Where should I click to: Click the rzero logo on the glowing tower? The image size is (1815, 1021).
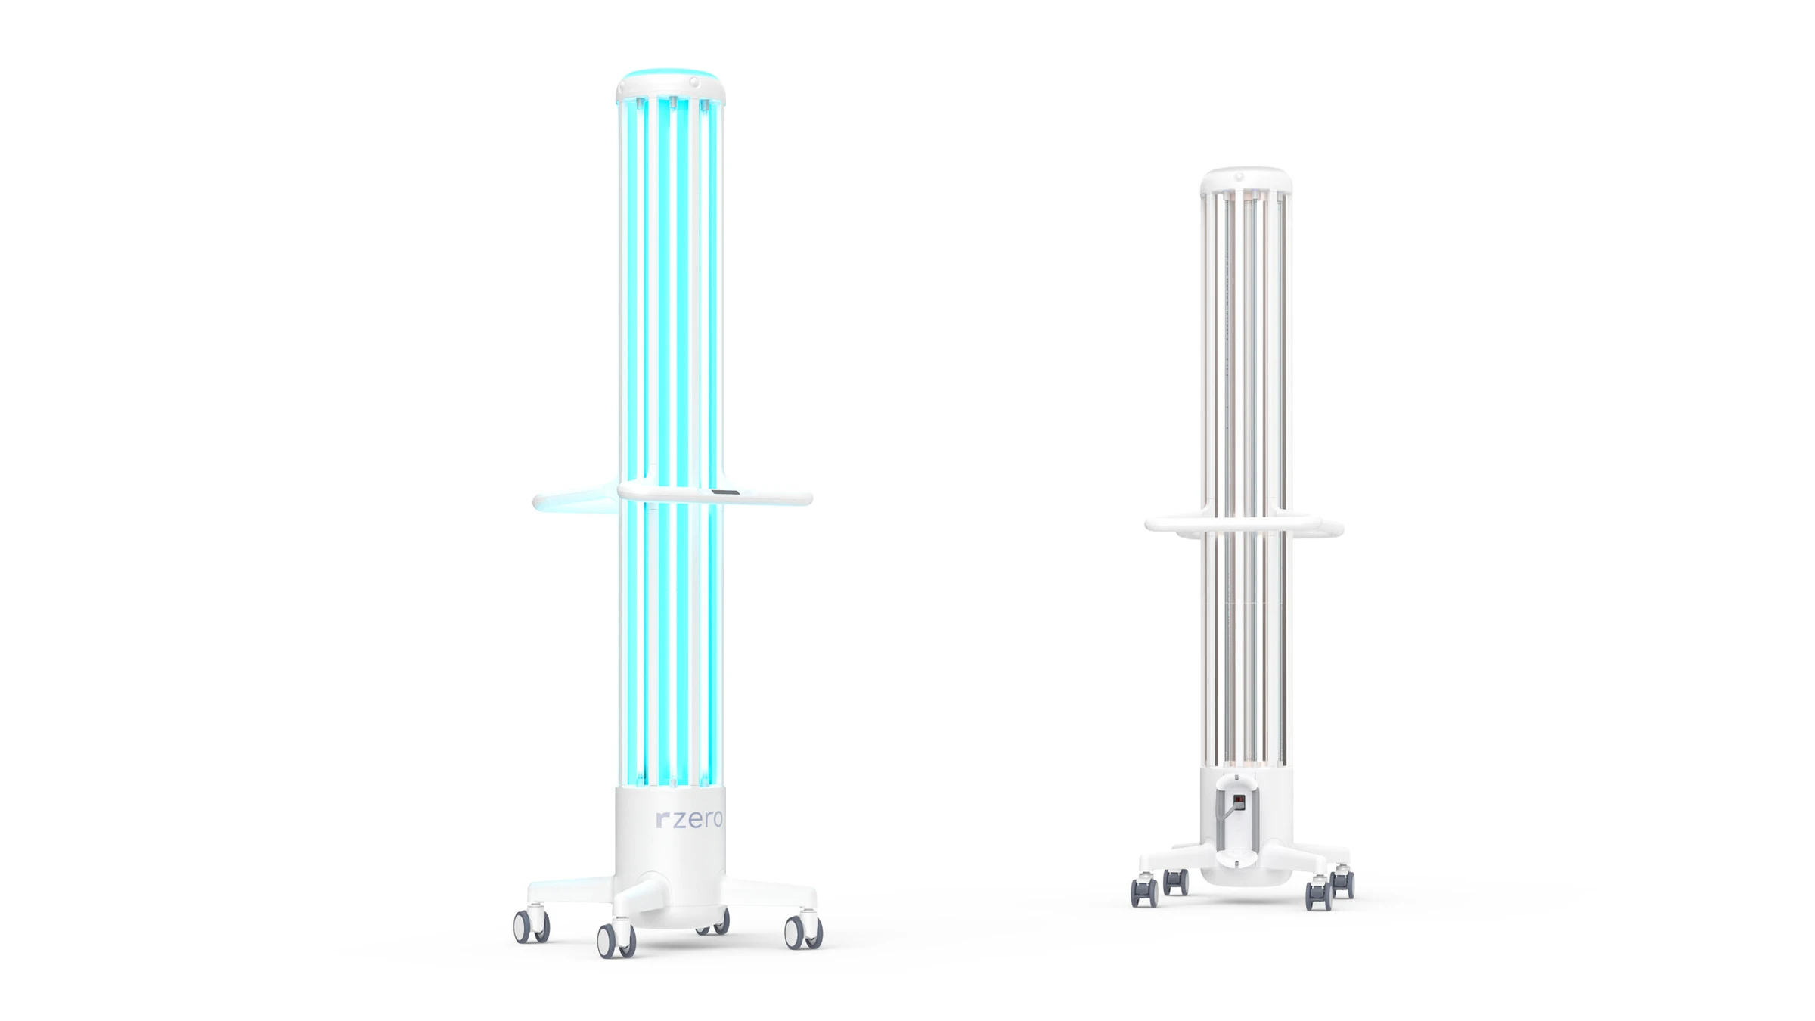coord(689,820)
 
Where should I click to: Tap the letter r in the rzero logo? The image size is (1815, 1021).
coord(662,821)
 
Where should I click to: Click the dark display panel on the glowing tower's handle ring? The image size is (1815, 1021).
coord(725,492)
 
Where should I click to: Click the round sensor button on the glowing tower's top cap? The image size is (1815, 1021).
coord(693,81)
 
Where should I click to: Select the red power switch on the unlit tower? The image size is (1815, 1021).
coord(1239,801)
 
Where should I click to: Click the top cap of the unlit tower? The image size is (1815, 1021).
coord(1246,178)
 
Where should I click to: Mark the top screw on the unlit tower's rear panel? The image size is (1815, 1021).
coord(1236,777)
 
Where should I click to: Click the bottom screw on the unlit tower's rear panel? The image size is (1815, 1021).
coord(1236,863)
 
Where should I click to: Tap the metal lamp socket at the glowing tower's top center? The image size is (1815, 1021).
coord(672,103)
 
